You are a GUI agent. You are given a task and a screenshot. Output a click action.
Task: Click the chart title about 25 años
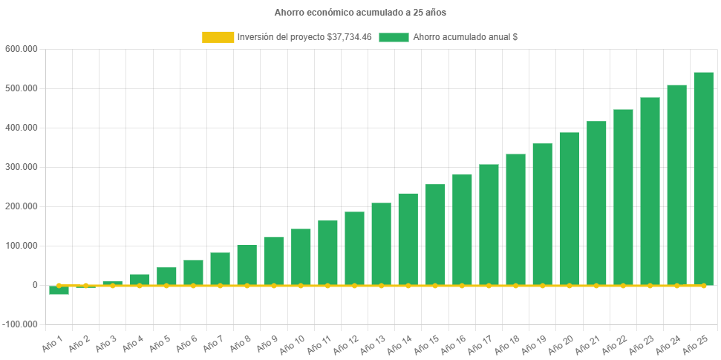tap(360, 13)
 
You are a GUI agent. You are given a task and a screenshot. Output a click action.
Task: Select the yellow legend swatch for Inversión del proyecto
tap(218, 37)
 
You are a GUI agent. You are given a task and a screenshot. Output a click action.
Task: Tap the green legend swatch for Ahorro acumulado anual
tap(394, 37)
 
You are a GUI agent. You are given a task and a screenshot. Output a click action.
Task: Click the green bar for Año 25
tap(703, 178)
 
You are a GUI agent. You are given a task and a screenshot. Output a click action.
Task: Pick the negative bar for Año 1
tap(59, 290)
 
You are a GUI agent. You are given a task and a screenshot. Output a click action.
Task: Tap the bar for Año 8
tap(247, 264)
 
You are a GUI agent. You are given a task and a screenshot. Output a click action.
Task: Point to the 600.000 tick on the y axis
tap(21, 49)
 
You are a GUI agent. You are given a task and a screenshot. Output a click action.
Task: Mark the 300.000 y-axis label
tap(21, 167)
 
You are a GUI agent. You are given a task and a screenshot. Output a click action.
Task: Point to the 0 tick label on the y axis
tap(35, 285)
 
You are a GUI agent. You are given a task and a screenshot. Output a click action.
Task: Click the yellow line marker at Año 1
tap(59, 286)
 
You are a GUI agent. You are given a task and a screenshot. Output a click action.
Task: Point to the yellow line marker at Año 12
tap(354, 286)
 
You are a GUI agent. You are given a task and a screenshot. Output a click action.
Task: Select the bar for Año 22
tap(623, 197)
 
